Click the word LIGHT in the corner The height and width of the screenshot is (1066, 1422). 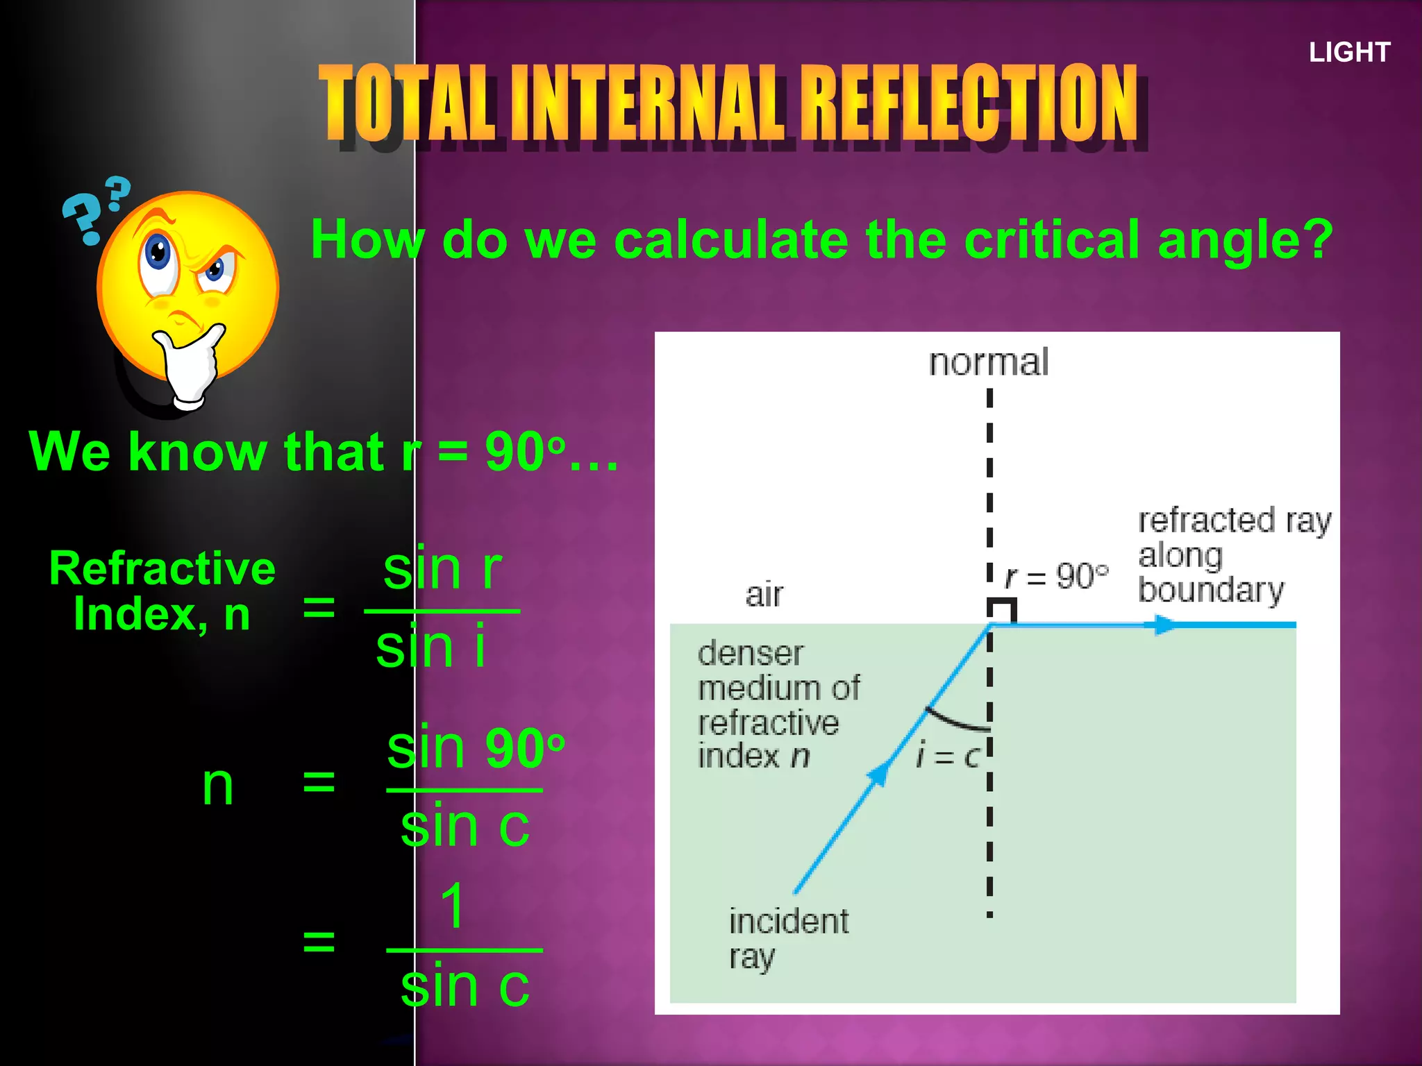coord(1349,52)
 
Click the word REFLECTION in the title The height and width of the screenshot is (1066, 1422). coord(972,104)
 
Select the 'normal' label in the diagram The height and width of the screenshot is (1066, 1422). coord(989,362)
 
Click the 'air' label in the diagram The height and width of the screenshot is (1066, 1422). coord(764,595)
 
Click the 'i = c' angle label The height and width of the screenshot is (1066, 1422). coord(947,755)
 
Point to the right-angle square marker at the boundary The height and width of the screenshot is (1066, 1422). coord(1003,611)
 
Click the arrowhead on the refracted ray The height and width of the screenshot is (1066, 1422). coord(1166,625)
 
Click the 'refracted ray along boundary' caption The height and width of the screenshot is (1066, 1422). coord(1232,555)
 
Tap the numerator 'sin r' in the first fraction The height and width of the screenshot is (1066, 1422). coord(442,569)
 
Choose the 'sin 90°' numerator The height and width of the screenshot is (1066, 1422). coord(476,748)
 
